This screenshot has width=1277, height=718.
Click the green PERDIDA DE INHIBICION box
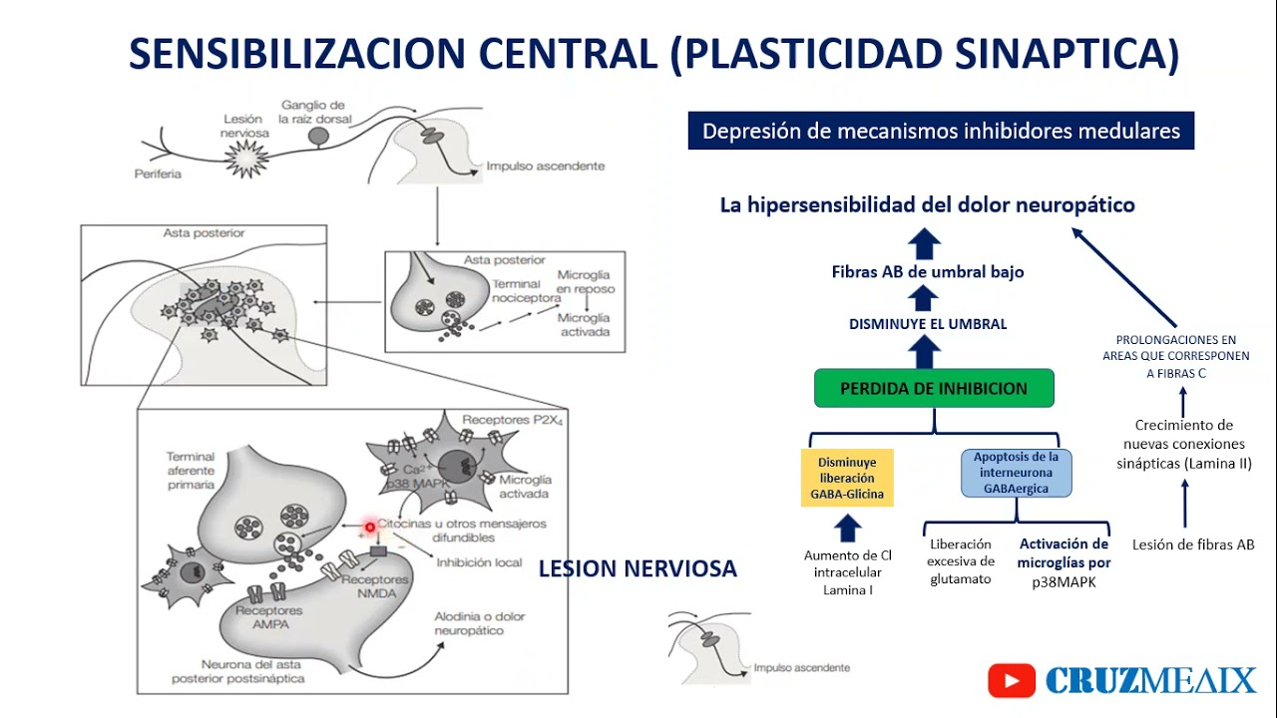click(x=934, y=389)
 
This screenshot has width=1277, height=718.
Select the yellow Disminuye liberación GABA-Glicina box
click(x=847, y=478)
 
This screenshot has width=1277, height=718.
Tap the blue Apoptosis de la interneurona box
click(x=1017, y=473)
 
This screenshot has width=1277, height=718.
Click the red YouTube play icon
click(x=1012, y=680)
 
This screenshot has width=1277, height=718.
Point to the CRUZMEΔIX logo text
click(x=1150, y=681)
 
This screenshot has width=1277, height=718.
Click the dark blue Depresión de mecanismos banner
click(x=941, y=131)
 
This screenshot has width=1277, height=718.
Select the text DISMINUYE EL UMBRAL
click(x=928, y=324)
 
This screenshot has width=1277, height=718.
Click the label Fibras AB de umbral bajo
click(x=928, y=272)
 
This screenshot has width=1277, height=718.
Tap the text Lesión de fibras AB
click(x=1193, y=544)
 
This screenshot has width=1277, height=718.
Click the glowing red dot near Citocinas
click(x=369, y=527)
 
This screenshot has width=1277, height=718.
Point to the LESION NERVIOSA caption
click(x=638, y=569)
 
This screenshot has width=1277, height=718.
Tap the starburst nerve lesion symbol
click(x=243, y=157)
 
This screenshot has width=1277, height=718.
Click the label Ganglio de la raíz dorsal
click(x=312, y=113)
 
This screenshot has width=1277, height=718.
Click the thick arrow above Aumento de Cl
click(x=847, y=528)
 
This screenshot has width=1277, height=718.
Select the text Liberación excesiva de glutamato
click(x=960, y=561)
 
